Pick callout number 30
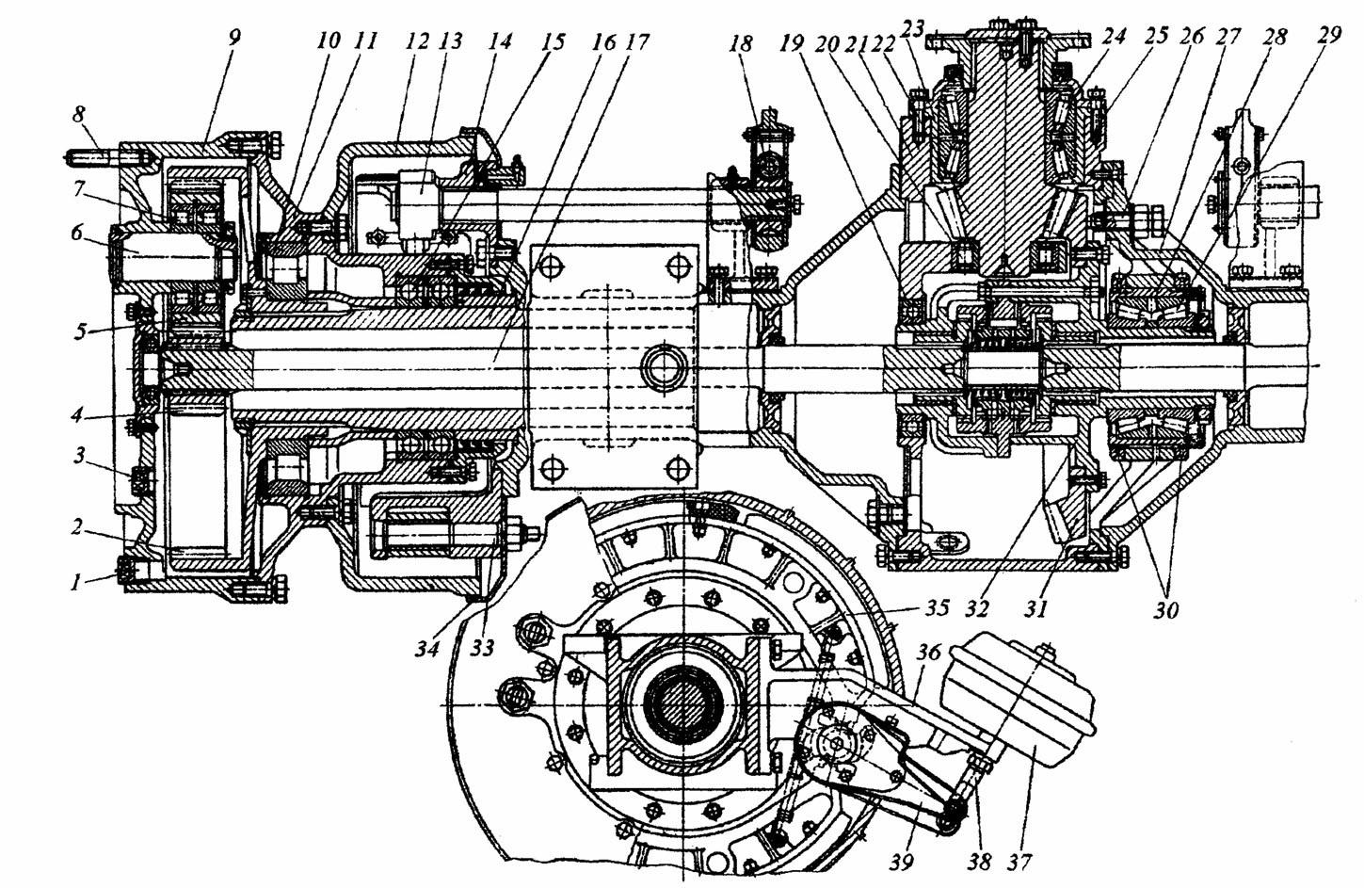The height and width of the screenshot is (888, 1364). click(x=1165, y=609)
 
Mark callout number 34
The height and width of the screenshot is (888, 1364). click(x=428, y=648)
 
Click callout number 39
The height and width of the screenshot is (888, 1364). click(x=901, y=861)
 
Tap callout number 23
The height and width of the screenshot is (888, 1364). click(x=911, y=29)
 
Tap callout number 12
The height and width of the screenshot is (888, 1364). click(x=417, y=42)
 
